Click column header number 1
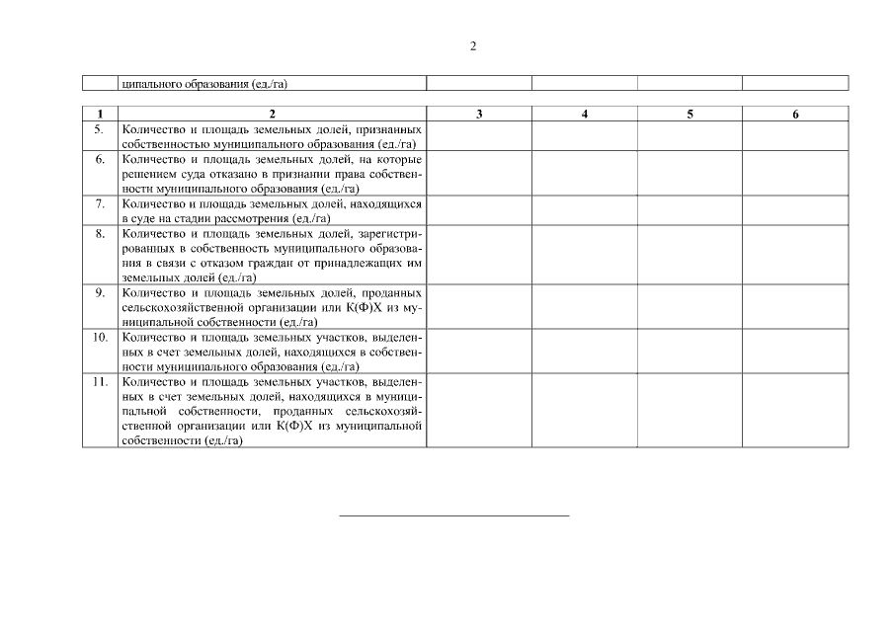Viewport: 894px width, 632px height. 99,115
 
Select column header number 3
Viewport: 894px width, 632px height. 479,115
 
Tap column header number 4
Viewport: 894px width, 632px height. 585,115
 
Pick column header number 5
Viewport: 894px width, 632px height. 690,115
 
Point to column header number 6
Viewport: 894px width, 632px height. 795,115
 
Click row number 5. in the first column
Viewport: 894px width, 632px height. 99,129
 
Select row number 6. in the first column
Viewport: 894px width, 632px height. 99,158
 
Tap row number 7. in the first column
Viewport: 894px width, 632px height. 99,203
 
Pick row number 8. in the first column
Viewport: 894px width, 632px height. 99,233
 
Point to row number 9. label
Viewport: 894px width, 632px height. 99,292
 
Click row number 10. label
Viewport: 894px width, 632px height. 99,337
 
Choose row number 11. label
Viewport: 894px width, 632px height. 99,381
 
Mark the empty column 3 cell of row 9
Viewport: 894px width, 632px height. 479,306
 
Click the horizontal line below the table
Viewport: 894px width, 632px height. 454,515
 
